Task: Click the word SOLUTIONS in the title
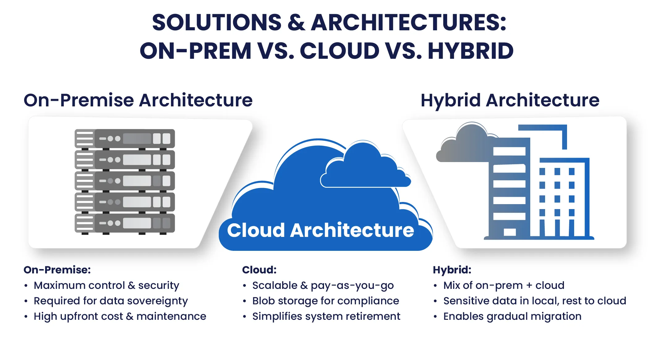click(x=217, y=23)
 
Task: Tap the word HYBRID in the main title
click(x=471, y=51)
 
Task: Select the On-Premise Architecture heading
click(x=138, y=100)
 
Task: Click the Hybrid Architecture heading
click(x=510, y=100)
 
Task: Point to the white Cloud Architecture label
click(x=320, y=230)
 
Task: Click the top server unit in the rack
click(x=125, y=139)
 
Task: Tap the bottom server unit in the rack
click(x=125, y=223)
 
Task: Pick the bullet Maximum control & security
click(x=106, y=285)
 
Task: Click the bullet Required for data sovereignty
click(x=111, y=301)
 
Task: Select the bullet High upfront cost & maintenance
click(x=120, y=316)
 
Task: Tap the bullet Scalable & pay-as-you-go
click(x=323, y=285)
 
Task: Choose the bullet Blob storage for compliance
click(x=326, y=301)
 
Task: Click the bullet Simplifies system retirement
click(x=326, y=316)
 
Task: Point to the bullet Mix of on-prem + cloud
click(x=504, y=285)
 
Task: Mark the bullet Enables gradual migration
click(x=512, y=316)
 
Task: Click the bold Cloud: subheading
click(x=259, y=270)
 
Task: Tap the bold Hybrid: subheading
click(x=452, y=270)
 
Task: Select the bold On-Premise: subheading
click(x=57, y=270)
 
